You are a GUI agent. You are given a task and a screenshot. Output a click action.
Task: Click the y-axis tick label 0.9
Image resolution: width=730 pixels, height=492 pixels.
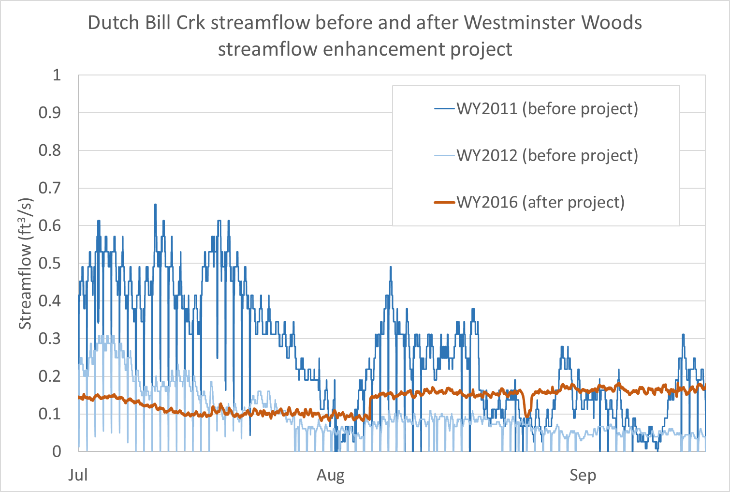tap(50, 113)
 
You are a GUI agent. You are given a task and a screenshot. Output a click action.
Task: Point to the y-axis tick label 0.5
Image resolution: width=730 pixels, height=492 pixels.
tap(50, 263)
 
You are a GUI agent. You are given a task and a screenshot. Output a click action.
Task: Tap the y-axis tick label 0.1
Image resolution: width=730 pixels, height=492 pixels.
tap(50, 414)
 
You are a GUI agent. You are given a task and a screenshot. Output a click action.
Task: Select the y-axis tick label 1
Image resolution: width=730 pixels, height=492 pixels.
tap(57, 75)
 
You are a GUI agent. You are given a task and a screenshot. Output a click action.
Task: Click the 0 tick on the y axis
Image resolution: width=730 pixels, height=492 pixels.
tap(57, 451)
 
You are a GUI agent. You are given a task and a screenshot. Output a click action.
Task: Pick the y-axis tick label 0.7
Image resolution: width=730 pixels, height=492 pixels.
tap(50, 188)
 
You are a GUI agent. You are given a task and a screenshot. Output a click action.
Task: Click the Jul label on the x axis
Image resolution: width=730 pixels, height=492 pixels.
tap(78, 475)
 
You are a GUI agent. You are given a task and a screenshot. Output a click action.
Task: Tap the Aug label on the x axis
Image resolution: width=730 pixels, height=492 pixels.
tap(331, 475)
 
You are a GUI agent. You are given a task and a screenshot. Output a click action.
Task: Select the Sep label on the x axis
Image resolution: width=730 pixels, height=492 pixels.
tap(583, 475)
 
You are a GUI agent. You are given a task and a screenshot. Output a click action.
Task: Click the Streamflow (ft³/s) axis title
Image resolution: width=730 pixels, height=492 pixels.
tap(26, 264)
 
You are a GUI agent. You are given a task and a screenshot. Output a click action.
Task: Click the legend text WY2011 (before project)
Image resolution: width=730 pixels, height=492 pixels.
tap(547, 108)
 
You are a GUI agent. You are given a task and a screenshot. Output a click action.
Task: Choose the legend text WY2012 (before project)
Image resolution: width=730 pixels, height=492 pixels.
tap(547, 155)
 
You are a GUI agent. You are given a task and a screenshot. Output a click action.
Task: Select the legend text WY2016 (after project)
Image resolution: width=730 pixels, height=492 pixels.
tap(540, 202)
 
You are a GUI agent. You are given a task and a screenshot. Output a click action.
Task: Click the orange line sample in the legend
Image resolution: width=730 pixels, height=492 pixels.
tap(445, 202)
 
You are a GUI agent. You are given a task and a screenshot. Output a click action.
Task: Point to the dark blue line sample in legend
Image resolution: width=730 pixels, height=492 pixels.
tap(445, 109)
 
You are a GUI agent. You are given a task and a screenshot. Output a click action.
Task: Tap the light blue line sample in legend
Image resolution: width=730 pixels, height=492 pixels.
tap(445, 156)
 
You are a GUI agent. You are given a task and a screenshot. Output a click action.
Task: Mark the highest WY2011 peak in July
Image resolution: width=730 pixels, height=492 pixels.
tap(155, 205)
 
